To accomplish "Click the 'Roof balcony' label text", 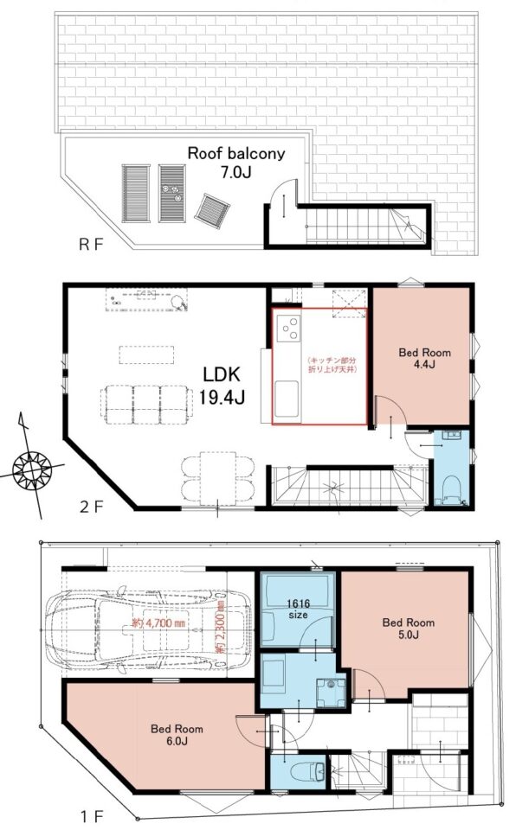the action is (236, 154).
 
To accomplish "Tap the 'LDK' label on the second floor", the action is (222, 374).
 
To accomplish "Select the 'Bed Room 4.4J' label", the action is (425, 358).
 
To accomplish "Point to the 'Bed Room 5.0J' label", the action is (408, 628).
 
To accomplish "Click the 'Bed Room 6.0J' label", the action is (177, 734).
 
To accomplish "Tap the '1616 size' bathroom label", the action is (298, 609).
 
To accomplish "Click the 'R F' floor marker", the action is (90, 245).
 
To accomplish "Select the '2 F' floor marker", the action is (91, 508).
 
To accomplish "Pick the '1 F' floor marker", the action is (92, 815).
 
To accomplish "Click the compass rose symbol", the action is (32, 469).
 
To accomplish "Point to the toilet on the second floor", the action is (451, 489).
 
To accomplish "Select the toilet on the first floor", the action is (308, 770).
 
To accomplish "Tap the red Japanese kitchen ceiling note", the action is (332, 365).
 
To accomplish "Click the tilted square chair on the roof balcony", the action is (212, 211).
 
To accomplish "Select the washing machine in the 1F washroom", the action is (331, 693).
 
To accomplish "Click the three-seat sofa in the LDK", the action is (145, 405).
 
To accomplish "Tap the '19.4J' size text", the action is (223, 397).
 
